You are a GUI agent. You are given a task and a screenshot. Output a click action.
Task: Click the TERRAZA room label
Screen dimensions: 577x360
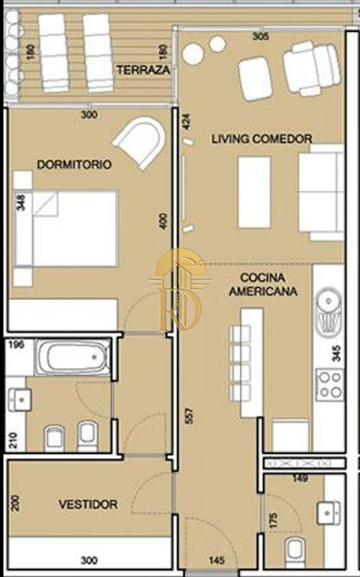(x=143, y=70)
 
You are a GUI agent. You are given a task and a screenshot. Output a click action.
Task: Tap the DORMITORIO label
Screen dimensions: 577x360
(x=74, y=164)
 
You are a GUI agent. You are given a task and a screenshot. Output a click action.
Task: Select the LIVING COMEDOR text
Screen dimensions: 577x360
(x=262, y=138)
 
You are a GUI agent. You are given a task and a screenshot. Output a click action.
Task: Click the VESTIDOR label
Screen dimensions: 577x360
(x=88, y=505)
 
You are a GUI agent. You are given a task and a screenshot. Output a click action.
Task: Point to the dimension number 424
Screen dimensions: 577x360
(x=187, y=122)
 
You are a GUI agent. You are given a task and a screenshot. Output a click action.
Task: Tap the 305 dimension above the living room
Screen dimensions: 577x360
(x=261, y=37)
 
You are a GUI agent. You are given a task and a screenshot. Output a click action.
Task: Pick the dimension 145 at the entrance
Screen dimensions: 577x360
(x=217, y=561)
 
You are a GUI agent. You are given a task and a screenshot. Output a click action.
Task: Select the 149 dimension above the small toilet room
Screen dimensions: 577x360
(x=299, y=478)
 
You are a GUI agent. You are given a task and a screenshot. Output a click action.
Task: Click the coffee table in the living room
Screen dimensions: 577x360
(x=254, y=192)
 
